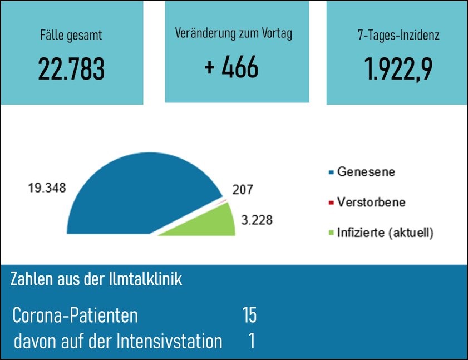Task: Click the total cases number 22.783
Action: tap(71, 69)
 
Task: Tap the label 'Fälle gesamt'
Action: tap(71, 37)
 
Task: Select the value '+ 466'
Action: tap(231, 67)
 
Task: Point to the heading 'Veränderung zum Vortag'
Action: tap(234, 33)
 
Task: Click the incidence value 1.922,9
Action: tap(398, 69)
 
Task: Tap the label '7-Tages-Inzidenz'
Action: tap(398, 37)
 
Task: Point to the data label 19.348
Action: tap(47, 188)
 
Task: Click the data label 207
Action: tap(243, 189)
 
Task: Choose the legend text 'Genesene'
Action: tap(366, 172)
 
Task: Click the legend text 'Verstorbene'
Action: tap(371, 202)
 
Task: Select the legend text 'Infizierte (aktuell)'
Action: tap(385, 232)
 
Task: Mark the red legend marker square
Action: tap(331, 203)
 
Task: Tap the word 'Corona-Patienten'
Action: tap(75, 315)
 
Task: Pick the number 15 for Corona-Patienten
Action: tap(249, 315)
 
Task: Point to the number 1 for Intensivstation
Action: tap(252, 341)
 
